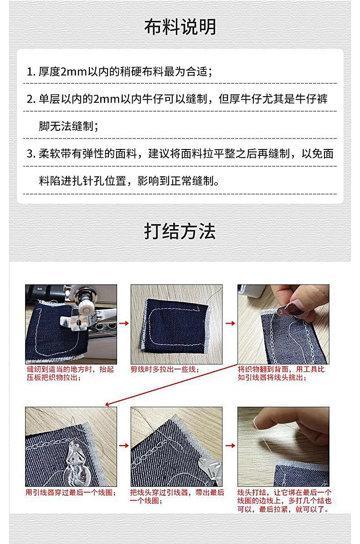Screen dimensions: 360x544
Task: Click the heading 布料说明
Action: (180, 26)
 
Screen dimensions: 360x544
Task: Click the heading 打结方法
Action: (180, 231)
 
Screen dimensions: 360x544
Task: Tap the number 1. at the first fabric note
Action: (31, 72)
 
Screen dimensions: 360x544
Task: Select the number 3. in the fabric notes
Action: (31, 154)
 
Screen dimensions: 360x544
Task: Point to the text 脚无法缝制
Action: (67, 126)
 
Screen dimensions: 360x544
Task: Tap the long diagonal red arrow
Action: (171, 385)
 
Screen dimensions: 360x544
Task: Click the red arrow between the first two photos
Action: (123, 323)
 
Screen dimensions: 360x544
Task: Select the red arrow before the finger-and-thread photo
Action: (230, 446)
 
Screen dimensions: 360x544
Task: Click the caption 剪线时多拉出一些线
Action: (165, 370)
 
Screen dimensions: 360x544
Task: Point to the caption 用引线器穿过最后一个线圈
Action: (71, 493)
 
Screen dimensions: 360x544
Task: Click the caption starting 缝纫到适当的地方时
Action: (70, 373)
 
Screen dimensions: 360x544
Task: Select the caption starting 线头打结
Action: (284, 501)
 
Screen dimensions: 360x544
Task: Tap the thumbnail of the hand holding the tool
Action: (283, 324)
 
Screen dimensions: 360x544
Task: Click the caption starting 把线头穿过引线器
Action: (177, 497)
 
